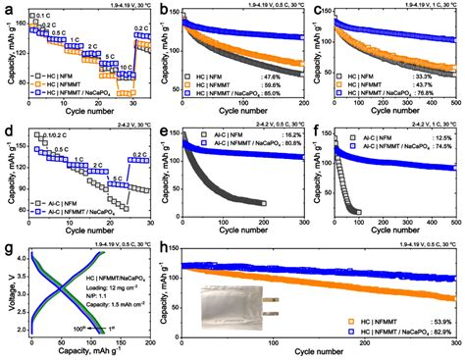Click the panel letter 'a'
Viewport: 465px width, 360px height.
(5, 8)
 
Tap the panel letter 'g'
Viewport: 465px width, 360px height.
(5, 244)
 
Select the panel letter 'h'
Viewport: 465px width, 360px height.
(163, 244)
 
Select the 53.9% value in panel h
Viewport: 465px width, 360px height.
(439, 321)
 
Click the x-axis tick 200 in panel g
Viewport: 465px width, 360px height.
(149, 344)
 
